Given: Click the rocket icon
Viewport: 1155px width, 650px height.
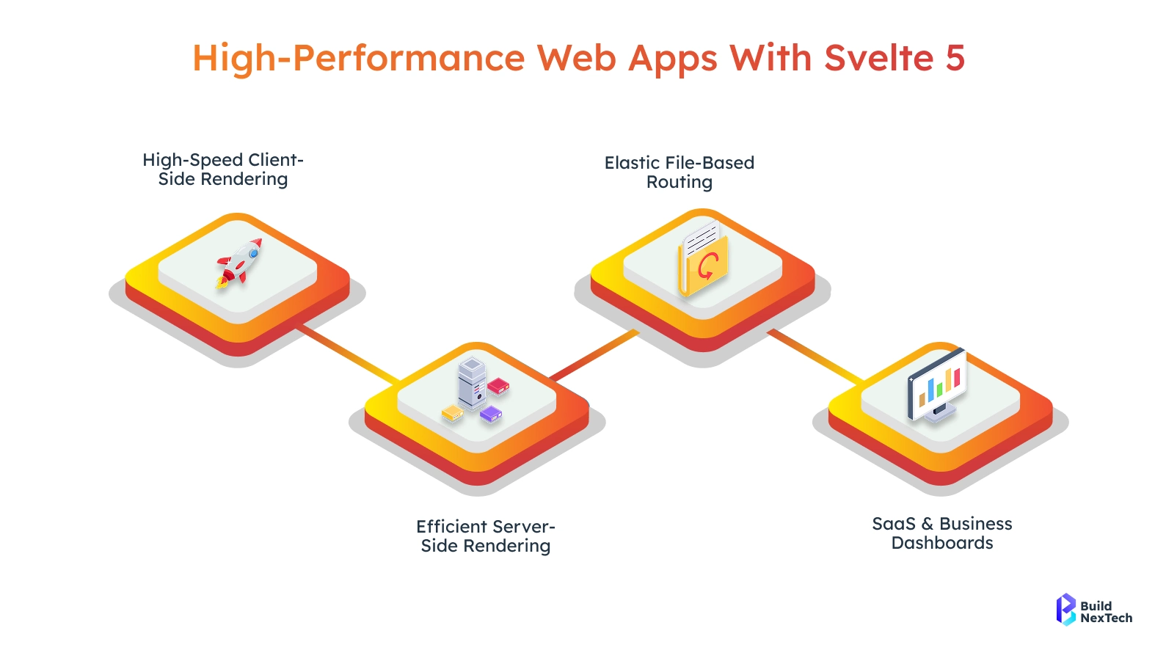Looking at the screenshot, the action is pyautogui.click(x=239, y=262).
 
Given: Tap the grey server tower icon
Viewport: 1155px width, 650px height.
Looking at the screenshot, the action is pyautogui.click(x=472, y=382).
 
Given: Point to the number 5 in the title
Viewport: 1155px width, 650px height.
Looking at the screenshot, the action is pyautogui.click(x=955, y=58).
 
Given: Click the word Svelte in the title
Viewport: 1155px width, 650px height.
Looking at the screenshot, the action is pyautogui.click(x=879, y=58).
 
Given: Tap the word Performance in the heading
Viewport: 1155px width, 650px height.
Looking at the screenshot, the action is pyautogui.click(x=409, y=58).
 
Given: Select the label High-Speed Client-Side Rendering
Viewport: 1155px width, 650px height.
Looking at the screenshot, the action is pyautogui.click(x=223, y=169).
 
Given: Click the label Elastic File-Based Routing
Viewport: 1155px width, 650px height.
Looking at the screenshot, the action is pyautogui.click(x=679, y=172).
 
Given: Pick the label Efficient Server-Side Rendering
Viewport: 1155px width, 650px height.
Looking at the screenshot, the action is pyautogui.click(x=486, y=536).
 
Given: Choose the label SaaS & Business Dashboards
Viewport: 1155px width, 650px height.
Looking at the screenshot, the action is pyautogui.click(x=942, y=533).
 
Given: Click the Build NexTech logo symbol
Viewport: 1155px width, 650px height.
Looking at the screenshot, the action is pyautogui.click(x=1065, y=609).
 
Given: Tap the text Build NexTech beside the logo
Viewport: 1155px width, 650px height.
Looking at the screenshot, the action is pyautogui.click(x=1106, y=612).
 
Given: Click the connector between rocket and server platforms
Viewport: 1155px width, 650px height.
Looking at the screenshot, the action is pyautogui.click(x=349, y=354).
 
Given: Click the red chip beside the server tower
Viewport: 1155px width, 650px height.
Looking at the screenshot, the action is pyautogui.click(x=498, y=385).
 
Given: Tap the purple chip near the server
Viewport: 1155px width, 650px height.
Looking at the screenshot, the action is pyautogui.click(x=490, y=414).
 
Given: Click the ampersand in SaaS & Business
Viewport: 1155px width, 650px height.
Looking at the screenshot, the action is pyautogui.click(x=928, y=524).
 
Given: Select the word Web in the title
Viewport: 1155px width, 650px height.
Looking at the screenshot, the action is pyautogui.click(x=577, y=58).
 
